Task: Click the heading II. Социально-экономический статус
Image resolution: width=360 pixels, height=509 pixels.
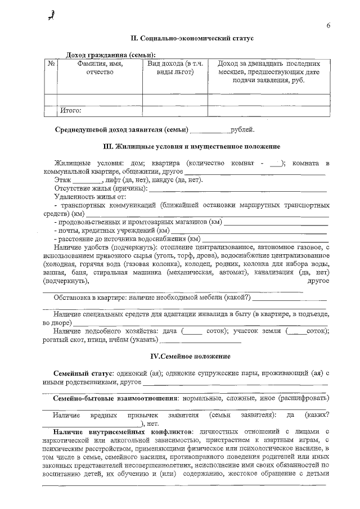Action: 192,38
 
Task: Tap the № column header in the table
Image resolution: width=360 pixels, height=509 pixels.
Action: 51,64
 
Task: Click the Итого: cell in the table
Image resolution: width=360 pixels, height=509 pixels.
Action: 71,110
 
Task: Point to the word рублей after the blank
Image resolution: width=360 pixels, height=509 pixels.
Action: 242,130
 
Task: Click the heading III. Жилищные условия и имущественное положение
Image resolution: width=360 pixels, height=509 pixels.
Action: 192,146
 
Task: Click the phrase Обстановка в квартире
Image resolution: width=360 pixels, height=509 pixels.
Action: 89,297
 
